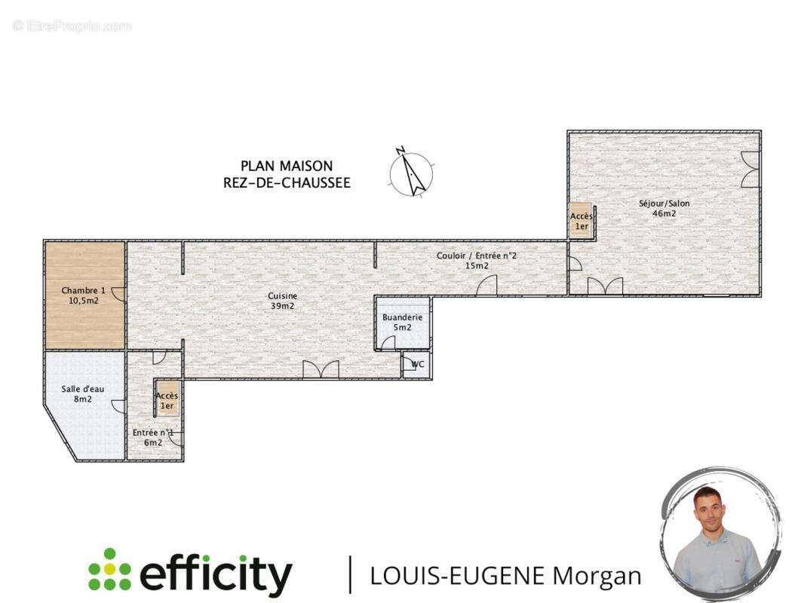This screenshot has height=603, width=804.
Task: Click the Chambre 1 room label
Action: [x=83, y=295]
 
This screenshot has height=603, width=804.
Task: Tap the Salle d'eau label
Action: [x=82, y=394]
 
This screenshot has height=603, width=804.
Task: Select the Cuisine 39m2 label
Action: [x=283, y=301]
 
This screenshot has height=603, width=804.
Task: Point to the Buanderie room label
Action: [x=403, y=323]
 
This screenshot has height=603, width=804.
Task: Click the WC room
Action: [x=416, y=365]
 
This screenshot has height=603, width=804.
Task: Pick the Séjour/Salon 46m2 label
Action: [x=664, y=208]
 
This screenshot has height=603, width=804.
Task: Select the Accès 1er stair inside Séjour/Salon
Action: [x=582, y=221]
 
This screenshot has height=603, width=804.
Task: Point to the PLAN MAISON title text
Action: [x=287, y=166]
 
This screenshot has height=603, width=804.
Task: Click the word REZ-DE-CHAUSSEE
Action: [x=287, y=183]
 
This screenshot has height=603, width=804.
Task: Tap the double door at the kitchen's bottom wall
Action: [x=321, y=369]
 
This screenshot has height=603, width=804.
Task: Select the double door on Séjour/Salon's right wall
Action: [x=750, y=170]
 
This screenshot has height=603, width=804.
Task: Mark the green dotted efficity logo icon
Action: [x=109, y=569]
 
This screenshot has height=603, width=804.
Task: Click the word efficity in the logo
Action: [x=216, y=574]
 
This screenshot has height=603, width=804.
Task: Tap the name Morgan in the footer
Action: [x=597, y=577]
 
